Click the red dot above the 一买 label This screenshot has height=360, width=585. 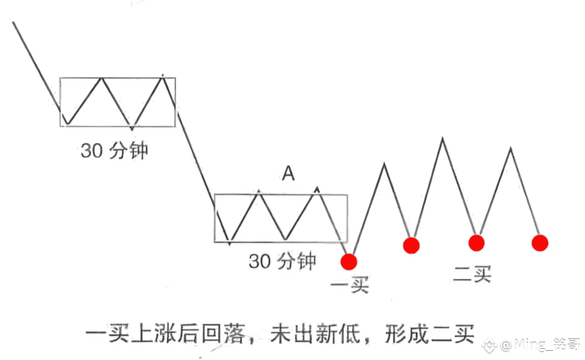[x=348, y=262]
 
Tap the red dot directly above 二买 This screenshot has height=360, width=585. [x=476, y=243]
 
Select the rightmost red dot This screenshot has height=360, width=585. [x=540, y=243]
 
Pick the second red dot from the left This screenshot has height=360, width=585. [x=411, y=245]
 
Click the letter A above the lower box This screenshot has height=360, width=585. [x=288, y=174]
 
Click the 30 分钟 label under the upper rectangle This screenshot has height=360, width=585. [x=114, y=151]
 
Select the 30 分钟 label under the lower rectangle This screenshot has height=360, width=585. [x=283, y=261]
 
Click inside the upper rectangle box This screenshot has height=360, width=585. [x=118, y=102]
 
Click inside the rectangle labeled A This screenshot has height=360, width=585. [x=280, y=219]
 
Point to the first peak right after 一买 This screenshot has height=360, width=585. [x=385, y=164]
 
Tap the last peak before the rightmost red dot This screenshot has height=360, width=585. [x=511, y=148]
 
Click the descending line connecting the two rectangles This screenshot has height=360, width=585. [x=196, y=154]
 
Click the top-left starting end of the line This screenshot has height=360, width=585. [x=13, y=23]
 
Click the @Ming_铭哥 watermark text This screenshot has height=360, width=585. [x=532, y=344]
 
